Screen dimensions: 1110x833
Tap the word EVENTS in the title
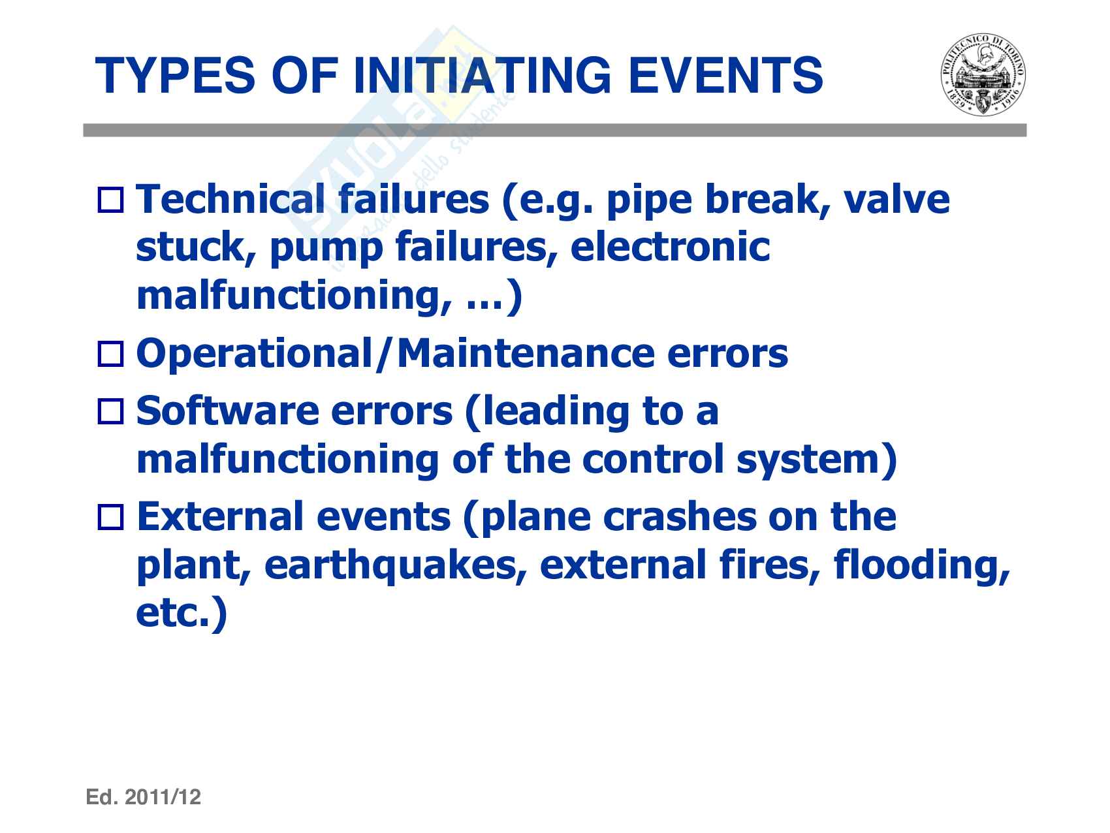(723, 76)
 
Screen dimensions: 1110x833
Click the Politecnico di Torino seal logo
(982, 76)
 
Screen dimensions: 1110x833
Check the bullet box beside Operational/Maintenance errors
(110, 354)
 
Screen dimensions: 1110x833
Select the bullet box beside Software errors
(110, 411)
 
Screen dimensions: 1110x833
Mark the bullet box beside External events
(110, 517)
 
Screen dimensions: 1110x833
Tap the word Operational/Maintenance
(395, 354)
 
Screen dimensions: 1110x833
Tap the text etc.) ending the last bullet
(182, 614)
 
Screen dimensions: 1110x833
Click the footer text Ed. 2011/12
(144, 797)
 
